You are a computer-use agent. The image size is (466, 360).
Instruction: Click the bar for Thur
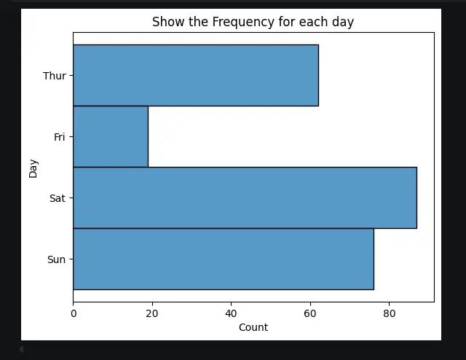(195, 75)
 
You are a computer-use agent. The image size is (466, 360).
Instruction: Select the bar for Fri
(110, 136)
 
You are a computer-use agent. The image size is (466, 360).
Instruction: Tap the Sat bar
(245, 197)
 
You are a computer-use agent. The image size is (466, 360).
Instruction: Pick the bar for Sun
(223, 259)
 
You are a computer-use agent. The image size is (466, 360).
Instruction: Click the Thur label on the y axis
(54, 76)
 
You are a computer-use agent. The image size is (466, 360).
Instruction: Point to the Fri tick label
(60, 137)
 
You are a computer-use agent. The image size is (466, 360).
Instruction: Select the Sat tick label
(58, 198)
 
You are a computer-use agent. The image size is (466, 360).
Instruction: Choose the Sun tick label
(57, 259)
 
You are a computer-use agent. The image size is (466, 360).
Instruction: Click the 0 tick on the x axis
(74, 313)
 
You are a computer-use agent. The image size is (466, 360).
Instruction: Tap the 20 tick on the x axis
(152, 313)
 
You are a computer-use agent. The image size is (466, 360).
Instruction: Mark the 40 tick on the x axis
(231, 313)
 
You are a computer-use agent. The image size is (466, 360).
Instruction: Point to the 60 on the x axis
(310, 313)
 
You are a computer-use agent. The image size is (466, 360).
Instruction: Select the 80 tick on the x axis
(389, 313)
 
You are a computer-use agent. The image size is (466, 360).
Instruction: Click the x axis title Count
(253, 328)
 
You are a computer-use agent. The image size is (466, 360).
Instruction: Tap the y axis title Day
(33, 168)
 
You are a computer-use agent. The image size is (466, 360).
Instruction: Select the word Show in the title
(166, 23)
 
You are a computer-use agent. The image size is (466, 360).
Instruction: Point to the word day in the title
(344, 23)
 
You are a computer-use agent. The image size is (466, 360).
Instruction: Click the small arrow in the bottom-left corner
(20, 350)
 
